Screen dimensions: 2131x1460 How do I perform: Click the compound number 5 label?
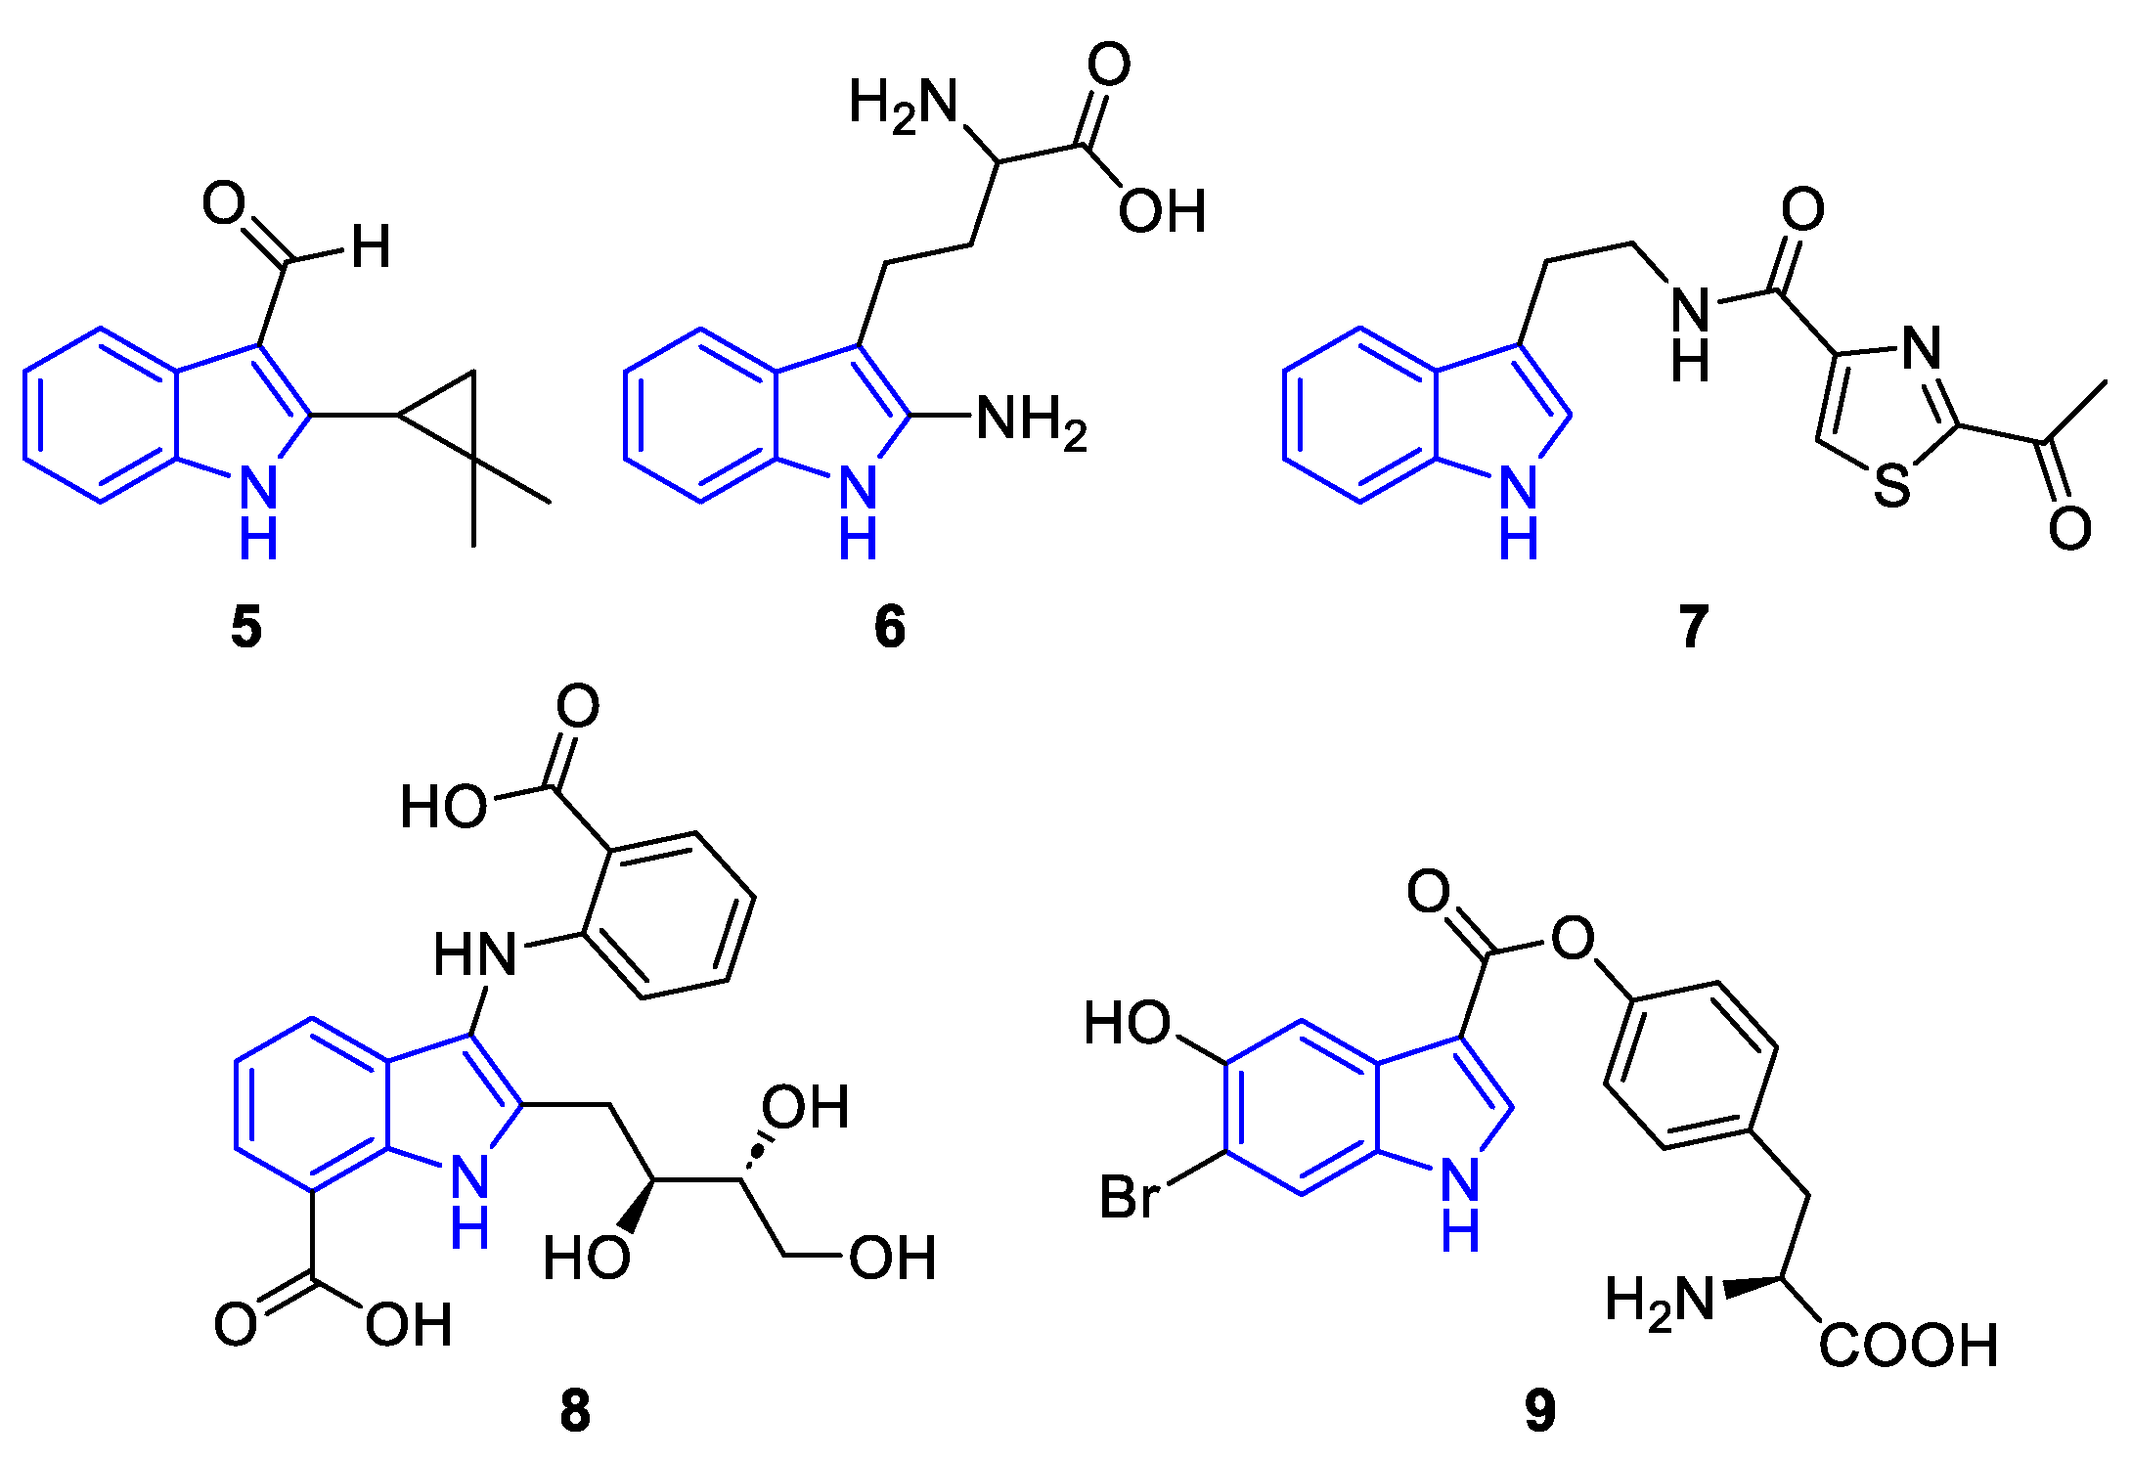pos(246,627)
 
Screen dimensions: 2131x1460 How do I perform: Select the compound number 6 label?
pos(889,627)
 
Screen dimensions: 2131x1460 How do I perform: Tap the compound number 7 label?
pos(1694,627)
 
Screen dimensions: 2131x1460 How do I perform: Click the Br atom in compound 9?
pos(1130,1197)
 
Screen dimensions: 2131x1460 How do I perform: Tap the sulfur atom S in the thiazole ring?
pos(1891,485)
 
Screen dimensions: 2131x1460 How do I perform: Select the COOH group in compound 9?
pos(1907,1345)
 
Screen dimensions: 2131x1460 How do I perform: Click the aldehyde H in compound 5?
pos(371,246)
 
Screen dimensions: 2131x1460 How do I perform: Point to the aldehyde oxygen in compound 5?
pos(224,203)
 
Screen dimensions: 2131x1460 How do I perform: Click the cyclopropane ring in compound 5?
pos(449,415)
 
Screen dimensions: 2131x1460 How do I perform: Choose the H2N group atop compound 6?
pos(903,102)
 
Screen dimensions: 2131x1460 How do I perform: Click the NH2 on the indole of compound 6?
pos(1031,420)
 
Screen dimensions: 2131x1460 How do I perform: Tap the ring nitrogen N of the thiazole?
pos(1922,347)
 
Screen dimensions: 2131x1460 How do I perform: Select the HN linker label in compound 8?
pos(475,954)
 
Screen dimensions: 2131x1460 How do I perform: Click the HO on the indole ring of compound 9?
pos(1127,1023)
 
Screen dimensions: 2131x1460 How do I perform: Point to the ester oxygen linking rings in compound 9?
pos(1573,938)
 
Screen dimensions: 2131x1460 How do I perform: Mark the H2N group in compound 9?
pos(1660,1301)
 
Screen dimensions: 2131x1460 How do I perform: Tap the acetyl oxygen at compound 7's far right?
pos(2069,529)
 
